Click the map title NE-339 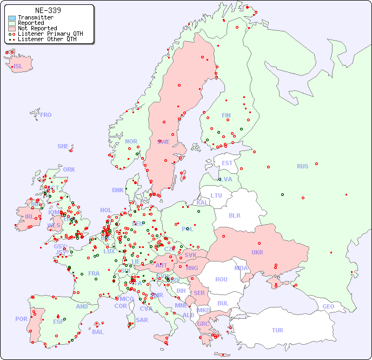coord(48,10)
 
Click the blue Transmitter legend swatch coord(12,18)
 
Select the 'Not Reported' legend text coord(37,28)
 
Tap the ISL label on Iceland coord(18,67)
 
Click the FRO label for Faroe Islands coord(46,115)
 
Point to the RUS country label coord(302,166)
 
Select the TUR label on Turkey coord(277,330)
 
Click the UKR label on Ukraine coord(257,252)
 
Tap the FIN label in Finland coord(226,115)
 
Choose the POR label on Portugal coord(21,319)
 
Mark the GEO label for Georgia coord(328,306)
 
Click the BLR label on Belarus coord(235,215)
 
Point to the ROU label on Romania coord(221,279)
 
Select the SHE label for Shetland coord(63,146)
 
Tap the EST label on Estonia coord(227,163)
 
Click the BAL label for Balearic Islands coord(97,332)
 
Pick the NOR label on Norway coord(131,141)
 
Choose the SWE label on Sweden coord(163,142)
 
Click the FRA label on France coord(94,273)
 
